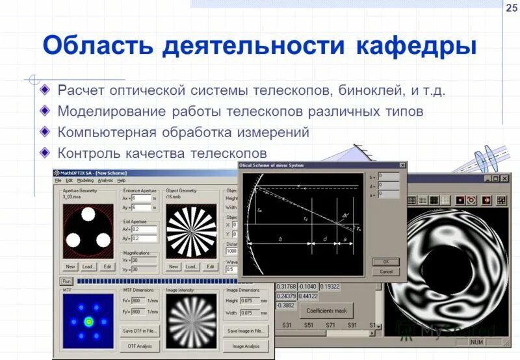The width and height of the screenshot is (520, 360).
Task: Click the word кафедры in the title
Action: tap(416, 46)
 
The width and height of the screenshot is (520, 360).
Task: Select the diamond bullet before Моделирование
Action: tap(44, 110)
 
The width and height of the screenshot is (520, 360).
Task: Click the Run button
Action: tap(66, 281)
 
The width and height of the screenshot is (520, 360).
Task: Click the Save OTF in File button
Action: tap(139, 331)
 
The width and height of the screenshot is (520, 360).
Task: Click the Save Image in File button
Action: tap(246, 331)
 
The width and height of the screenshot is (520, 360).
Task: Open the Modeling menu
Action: tap(85, 180)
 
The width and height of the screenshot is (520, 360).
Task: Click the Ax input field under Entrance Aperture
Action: tap(142, 198)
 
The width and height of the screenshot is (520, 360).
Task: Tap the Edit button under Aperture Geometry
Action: tap(108, 266)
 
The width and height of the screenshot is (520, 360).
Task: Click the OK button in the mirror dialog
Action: tap(386, 262)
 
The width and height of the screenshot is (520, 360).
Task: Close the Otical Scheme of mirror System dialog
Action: tap(402, 165)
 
